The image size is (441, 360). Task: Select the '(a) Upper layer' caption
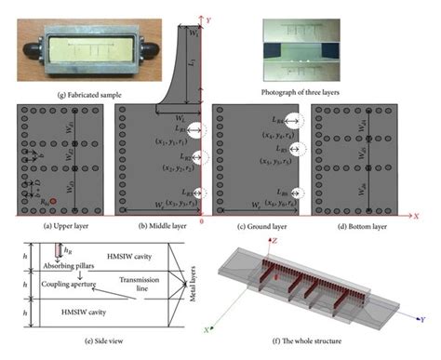tap(50, 226)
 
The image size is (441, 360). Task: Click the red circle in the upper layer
tap(54, 201)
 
